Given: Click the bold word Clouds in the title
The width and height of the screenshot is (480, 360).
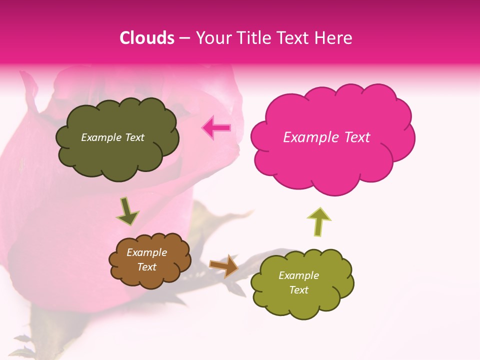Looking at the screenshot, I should pyautogui.click(x=147, y=37).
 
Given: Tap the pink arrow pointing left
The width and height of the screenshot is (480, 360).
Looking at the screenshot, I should pyautogui.click(x=216, y=128).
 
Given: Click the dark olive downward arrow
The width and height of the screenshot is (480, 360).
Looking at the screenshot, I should pyautogui.click(x=127, y=211).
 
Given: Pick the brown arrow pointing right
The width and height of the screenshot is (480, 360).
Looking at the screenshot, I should pyautogui.click(x=223, y=265).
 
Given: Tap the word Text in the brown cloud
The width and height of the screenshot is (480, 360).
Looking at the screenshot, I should pyautogui.click(x=146, y=267).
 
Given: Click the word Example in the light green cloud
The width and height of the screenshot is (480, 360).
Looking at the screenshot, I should pyautogui.click(x=298, y=275).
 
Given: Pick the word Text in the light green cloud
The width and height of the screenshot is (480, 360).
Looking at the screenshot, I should pyautogui.click(x=298, y=290).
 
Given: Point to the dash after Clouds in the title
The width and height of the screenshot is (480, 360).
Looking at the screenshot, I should pyautogui.click(x=184, y=38).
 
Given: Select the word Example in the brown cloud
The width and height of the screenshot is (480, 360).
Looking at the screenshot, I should pyautogui.click(x=146, y=252).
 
